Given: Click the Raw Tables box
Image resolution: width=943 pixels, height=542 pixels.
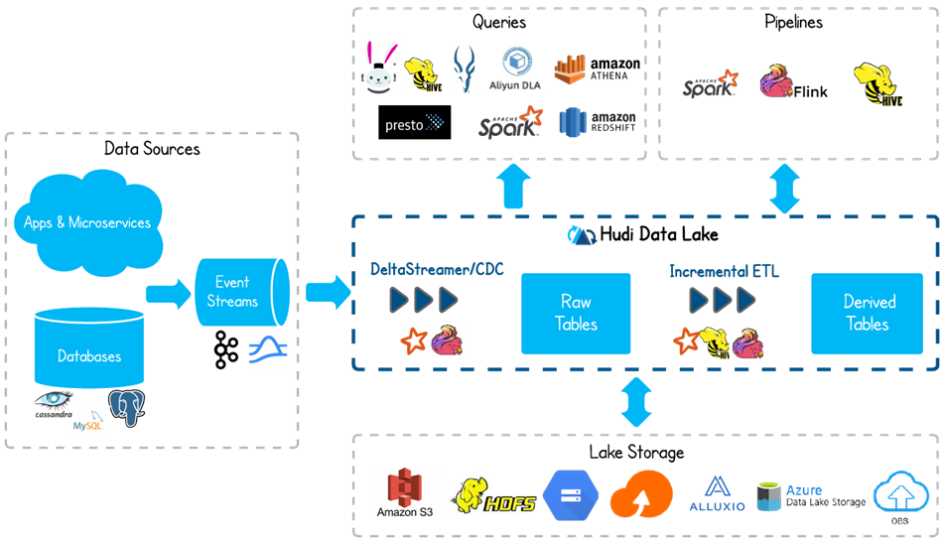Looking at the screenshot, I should point(576,314).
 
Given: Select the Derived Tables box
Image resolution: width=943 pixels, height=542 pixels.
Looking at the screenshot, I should point(868,314).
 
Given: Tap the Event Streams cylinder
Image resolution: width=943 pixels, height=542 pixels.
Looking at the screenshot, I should point(237,293).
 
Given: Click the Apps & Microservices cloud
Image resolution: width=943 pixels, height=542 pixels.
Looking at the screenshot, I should point(87,221).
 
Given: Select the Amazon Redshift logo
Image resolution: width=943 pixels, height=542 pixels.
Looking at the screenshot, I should point(598,122).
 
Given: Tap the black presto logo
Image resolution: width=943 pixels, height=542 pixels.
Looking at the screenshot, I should point(415,123).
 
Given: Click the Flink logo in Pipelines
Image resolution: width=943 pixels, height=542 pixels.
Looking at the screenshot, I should point(792,83).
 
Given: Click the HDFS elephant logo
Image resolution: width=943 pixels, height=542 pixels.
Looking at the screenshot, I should point(492,494).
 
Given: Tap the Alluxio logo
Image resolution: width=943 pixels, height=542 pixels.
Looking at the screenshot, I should point(717,493).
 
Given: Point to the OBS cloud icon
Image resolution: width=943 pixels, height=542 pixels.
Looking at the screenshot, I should point(899,494).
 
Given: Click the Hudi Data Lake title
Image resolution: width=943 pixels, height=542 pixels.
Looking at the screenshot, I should point(644,235).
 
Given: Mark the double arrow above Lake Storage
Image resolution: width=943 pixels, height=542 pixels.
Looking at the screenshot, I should point(636,401).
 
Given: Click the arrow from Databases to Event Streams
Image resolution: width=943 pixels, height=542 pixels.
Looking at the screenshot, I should point(168,293).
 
